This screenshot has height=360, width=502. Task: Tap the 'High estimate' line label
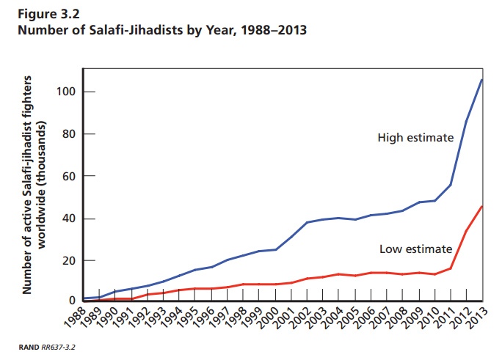pos(415,137)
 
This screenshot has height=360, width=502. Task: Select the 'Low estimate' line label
pos(415,249)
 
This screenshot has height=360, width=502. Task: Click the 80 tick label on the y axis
pos(68,134)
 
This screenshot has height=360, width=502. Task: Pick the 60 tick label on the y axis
pos(68,177)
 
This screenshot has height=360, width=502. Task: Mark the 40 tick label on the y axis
pos(68,218)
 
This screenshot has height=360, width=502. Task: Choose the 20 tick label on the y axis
pos(68,261)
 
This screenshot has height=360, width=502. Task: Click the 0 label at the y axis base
pos(71,301)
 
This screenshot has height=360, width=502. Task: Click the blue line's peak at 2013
pos(481,79)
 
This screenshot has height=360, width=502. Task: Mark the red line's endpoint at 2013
pos(481,206)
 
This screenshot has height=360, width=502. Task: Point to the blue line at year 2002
pos(307,222)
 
